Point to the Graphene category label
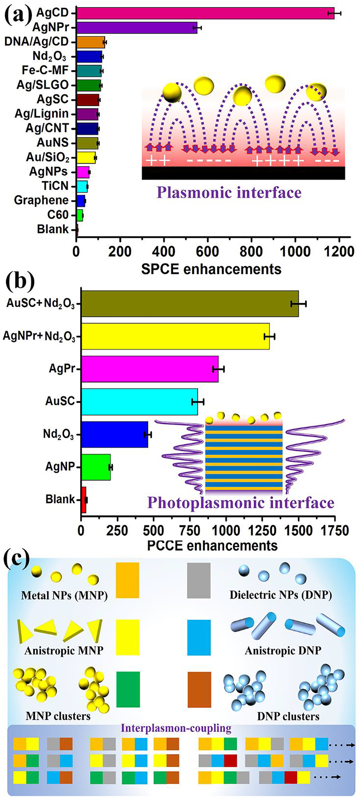(42, 200)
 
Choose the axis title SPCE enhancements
(211, 269)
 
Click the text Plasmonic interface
(229, 193)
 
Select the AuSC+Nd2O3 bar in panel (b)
(190, 304)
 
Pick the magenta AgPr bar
(150, 369)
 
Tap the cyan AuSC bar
(139, 402)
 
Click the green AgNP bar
(96, 467)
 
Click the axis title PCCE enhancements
(212, 545)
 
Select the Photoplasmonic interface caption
(241, 503)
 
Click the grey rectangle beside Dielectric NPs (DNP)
(199, 581)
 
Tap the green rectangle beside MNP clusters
(128, 689)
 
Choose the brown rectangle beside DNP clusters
(199, 689)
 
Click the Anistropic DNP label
(283, 651)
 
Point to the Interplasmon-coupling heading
(176, 728)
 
